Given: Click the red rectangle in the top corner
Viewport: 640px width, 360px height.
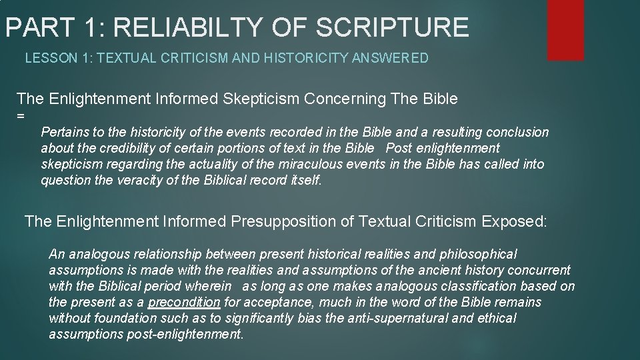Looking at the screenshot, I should tap(565, 29).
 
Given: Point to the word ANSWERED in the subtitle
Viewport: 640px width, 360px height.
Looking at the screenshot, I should tap(396, 59).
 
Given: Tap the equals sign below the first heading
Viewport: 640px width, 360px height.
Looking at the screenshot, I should tap(21, 116).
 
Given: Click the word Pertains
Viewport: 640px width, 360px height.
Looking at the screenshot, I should tap(63, 132).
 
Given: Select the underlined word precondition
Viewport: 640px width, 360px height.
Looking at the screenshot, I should tap(184, 302).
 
